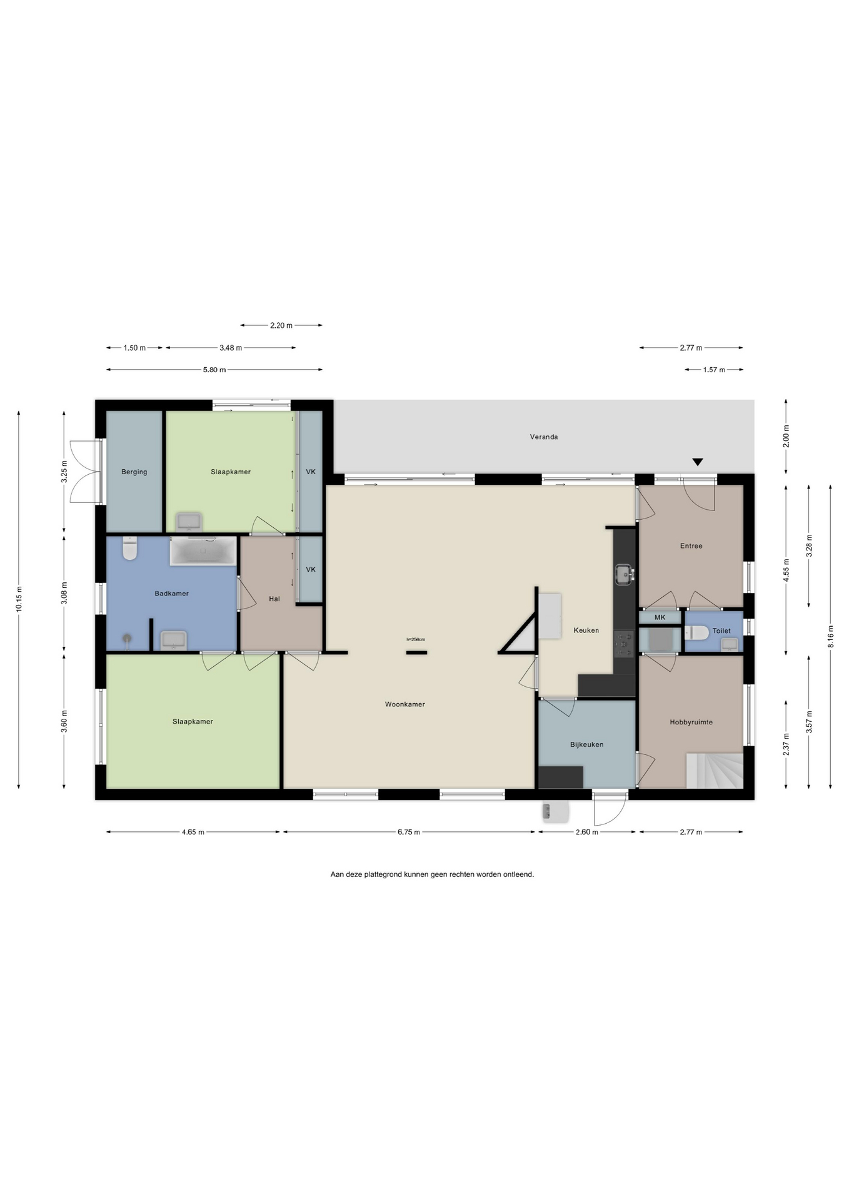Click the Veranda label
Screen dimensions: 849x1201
[x=543, y=437]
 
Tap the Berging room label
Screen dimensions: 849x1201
[x=134, y=472]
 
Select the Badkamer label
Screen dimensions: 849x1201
[x=171, y=593]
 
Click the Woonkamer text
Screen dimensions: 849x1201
[x=404, y=704]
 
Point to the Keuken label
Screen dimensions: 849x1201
[x=586, y=631]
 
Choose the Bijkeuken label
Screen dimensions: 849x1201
[x=586, y=744]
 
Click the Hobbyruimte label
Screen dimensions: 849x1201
[x=691, y=722]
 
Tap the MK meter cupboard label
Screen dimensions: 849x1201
[x=660, y=617]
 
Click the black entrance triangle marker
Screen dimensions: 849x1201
[x=698, y=462]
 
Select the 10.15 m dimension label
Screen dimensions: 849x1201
[x=19, y=599]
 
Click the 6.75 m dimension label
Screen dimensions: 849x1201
[x=409, y=832]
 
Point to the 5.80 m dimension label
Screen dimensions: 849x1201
[x=214, y=370]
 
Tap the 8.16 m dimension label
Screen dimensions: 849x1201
[x=830, y=637]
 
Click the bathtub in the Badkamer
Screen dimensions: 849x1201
[x=203, y=550]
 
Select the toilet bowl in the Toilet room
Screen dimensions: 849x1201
[x=697, y=632]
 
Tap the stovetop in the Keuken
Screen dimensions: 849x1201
[x=624, y=644]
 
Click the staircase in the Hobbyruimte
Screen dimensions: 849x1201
[x=715, y=771]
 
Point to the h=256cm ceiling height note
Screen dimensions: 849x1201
[x=416, y=639]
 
